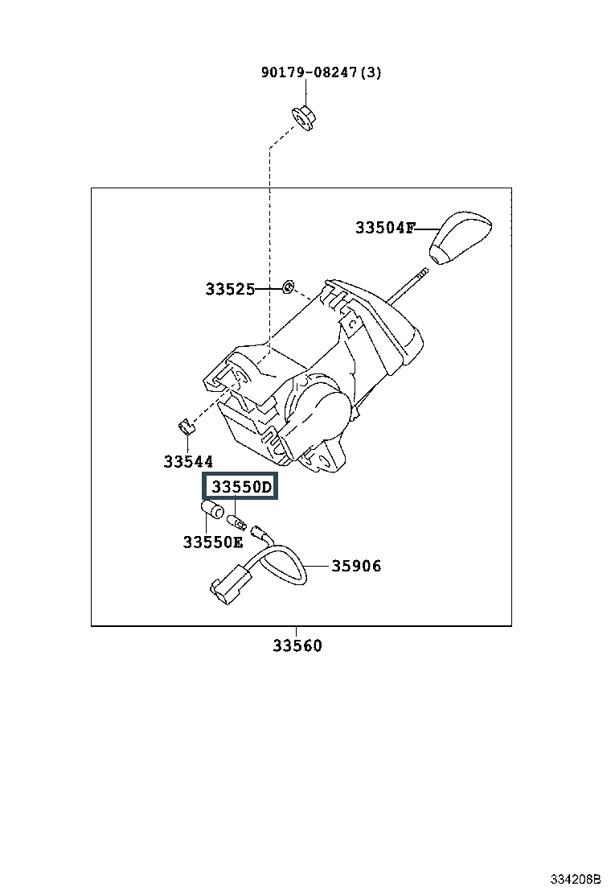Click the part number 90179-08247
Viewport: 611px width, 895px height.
pyautogui.click(x=309, y=72)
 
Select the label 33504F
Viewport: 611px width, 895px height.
pyautogui.click(x=385, y=228)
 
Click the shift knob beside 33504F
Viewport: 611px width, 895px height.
pyautogui.click(x=460, y=238)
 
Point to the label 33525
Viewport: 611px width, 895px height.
pyautogui.click(x=230, y=290)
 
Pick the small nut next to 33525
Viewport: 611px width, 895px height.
pyautogui.click(x=289, y=287)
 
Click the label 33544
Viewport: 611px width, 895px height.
pyautogui.click(x=188, y=461)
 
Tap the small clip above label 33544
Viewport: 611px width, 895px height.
pyautogui.click(x=185, y=427)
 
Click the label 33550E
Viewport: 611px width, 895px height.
pyautogui.click(x=212, y=542)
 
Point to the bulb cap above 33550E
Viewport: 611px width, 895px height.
pyautogui.click(x=212, y=509)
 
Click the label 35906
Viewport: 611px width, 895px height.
pyautogui.click(x=356, y=567)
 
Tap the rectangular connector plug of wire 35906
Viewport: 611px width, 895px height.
pyautogui.click(x=229, y=584)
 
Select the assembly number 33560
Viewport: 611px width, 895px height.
pyautogui.click(x=297, y=645)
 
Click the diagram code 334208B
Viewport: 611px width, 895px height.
pyautogui.click(x=575, y=878)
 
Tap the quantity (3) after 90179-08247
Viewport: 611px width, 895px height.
pyautogui.click(x=371, y=72)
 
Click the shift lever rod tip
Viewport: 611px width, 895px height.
pyautogui.click(x=426, y=272)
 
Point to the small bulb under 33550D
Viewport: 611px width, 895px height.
pyautogui.click(x=236, y=521)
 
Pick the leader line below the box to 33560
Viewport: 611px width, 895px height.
pyautogui.click(x=297, y=632)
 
